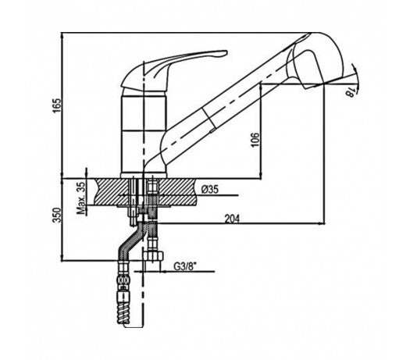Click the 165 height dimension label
pos(57,105)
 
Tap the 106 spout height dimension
pos(255,140)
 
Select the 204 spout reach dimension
pos(232,219)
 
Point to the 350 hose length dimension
pos(57,215)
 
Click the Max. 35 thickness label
pos(81,198)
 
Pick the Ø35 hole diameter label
pos(210,189)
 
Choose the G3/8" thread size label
pos(185,266)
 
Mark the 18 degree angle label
pos(351,93)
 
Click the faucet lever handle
pos(173,70)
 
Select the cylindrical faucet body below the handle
pos(144,134)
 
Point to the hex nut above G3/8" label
pos(155,256)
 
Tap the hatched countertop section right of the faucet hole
pos(177,191)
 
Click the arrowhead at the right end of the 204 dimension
pos(321,224)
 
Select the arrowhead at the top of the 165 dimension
pos(62,37)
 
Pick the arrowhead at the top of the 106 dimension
pos(261,88)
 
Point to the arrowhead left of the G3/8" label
pos(164,272)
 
